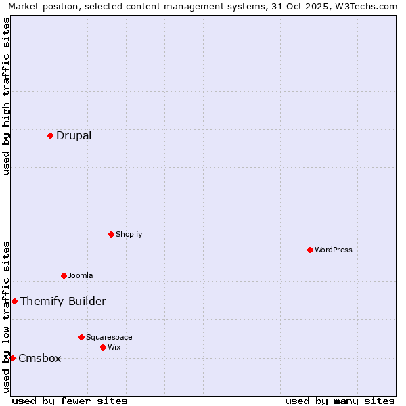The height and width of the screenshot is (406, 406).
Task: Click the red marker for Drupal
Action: click(x=50, y=135)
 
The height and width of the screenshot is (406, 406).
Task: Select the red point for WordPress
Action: click(x=310, y=250)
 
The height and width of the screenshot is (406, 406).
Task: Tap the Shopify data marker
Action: click(x=111, y=234)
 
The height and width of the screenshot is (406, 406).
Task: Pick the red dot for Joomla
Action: click(x=64, y=275)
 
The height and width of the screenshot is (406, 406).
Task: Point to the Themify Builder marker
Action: click(x=14, y=301)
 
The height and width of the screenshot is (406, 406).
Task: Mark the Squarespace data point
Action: click(x=81, y=337)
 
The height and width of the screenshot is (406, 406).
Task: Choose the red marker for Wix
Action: click(x=103, y=347)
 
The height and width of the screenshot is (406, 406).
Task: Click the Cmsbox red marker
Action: click(x=12, y=358)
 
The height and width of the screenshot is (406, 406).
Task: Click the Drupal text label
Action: click(x=74, y=135)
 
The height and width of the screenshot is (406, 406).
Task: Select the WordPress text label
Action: click(x=334, y=250)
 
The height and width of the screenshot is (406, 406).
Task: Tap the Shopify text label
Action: click(x=129, y=234)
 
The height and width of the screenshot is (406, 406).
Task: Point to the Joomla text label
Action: click(x=81, y=275)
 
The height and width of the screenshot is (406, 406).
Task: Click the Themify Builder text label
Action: click(x=63, y=301)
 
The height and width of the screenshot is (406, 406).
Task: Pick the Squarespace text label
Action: click(x=109, y=337)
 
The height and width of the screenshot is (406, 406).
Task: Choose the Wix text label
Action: click(x=114, y=347)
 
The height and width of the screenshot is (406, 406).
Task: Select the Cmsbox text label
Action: click(x=40, y=358)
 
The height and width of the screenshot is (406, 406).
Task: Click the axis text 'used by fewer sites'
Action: click(x=70, y=401)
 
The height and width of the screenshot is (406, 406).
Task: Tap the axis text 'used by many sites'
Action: click(x=340, y=401)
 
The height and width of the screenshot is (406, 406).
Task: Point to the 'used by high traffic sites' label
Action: click(x=6, y=96)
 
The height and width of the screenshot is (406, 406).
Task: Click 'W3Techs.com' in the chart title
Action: click(x=367, y=6)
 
